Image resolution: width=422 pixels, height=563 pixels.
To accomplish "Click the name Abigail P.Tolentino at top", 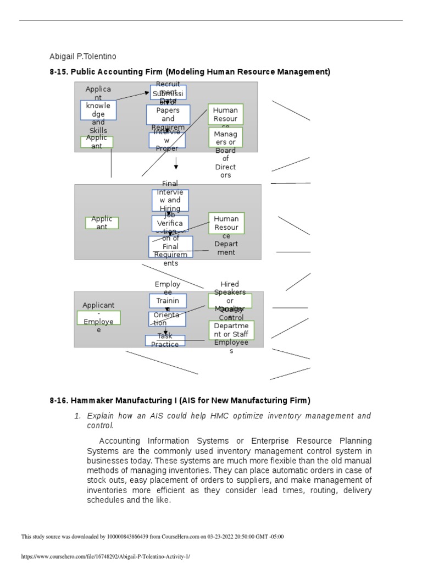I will [83, 57].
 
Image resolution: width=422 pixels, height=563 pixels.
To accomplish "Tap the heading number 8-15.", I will [58, 71].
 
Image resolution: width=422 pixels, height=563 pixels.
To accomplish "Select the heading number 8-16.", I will [58, 400].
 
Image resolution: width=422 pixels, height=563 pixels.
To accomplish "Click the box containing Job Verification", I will [170, 223].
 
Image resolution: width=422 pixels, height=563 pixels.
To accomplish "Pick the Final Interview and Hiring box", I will [170, 201].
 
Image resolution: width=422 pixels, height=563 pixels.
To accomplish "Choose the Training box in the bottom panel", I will [168, 301].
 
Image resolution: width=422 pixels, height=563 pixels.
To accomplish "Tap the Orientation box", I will [167, 319].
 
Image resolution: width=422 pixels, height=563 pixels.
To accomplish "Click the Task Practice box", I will [165, 340].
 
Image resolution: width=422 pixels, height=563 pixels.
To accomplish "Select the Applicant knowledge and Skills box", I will [98, 110].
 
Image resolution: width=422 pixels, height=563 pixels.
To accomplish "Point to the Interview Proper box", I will [167, 140].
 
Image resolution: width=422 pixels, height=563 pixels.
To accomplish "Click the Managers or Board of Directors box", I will [225, 137].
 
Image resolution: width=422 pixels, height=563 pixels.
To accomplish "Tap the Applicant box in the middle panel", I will [102, 223].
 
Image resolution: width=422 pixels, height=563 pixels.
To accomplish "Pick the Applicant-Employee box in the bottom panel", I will [99, 318].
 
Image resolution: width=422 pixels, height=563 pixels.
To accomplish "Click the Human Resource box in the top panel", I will [225, 114].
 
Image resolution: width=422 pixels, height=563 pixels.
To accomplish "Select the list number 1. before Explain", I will [77, 416].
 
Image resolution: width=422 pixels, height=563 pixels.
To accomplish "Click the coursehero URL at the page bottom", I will [105, 556].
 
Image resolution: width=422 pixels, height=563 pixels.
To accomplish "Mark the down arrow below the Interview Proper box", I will [176, 163].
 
